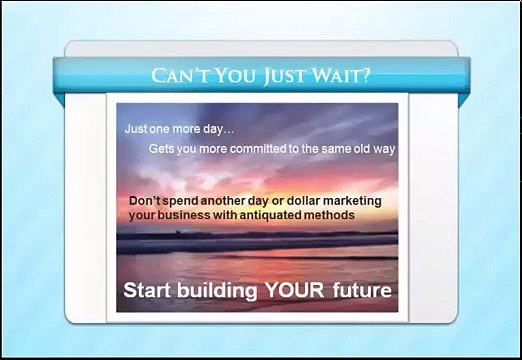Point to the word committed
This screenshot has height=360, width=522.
[x=248, y=148]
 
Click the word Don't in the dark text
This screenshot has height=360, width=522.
[x=145, y=200]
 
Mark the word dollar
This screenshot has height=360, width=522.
[x=303, y=200]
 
